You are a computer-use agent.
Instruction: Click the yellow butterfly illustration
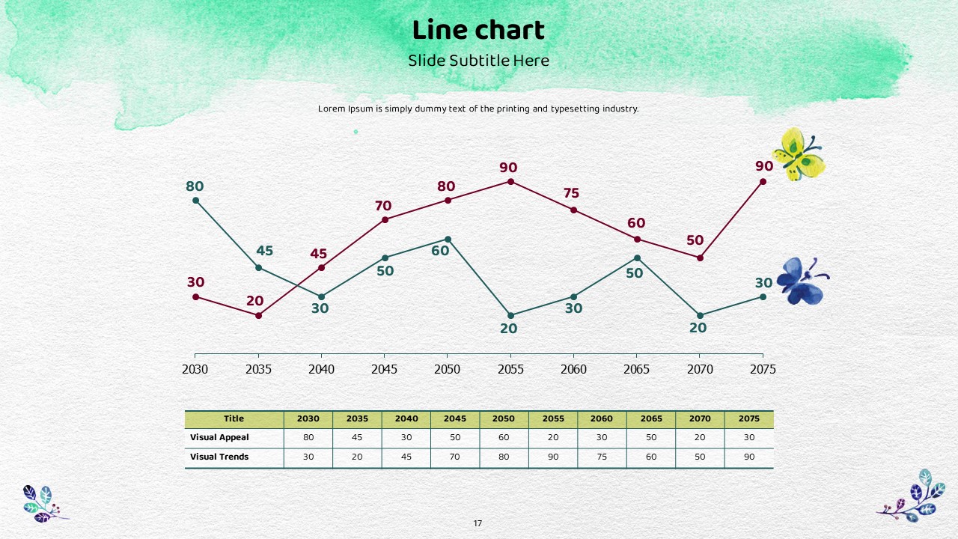(x=799, y=154)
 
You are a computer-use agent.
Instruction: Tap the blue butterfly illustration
(x=802, y=281)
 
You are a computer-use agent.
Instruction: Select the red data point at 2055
(x=511, y=181)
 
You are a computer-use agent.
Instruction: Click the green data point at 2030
(x=196, y=200)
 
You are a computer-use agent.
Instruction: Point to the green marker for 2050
(x=448, y=240)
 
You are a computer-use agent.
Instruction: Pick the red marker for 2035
(x=259, y=316)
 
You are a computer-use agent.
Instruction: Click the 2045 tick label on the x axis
(x=384, y=369)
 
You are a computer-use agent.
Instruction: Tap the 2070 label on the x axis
(x=699, y=369)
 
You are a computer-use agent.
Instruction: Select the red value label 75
(x=570, y=194)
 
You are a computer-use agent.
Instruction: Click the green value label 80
(x=195, y=186)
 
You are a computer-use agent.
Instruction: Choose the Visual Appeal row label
(x=219, y=437)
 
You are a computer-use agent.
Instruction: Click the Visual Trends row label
(x=219, y=457)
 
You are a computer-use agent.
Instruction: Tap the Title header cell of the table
(x=234, y=418)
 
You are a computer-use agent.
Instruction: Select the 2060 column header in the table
(x=601, y=418)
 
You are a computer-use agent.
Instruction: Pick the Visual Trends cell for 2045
(x=455, y=457)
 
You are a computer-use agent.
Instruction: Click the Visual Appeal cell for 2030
(x=308, y=437)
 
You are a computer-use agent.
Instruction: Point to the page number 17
(x=478, y=523)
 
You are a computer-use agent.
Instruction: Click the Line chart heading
(x=478, y=31)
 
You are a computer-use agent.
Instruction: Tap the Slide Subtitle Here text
(x=478, y=61)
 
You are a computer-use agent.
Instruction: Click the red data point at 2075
(x=763, y=181)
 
